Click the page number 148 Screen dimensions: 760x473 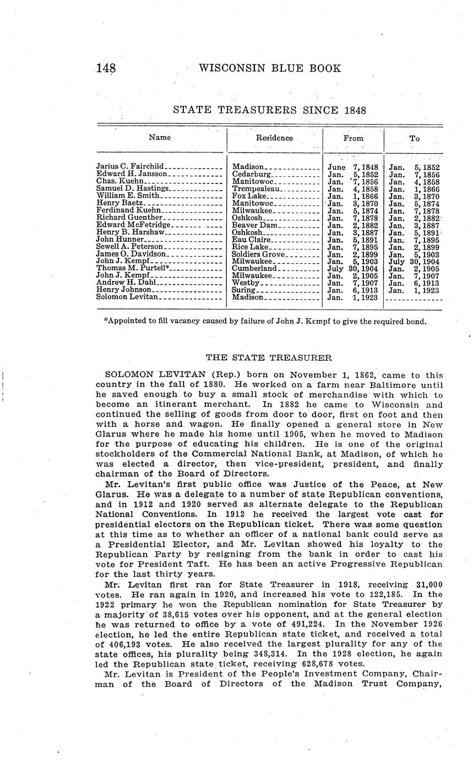point(106,68)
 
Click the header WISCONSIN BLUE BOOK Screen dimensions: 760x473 point(269,68)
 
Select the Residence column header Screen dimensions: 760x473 point(274,138)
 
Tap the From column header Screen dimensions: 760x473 point(353,139)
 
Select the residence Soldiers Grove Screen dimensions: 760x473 point(258,254)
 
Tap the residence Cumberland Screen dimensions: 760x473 point(254,268)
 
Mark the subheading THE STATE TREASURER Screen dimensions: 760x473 point(269,358)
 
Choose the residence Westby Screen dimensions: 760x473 point(246,283)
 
